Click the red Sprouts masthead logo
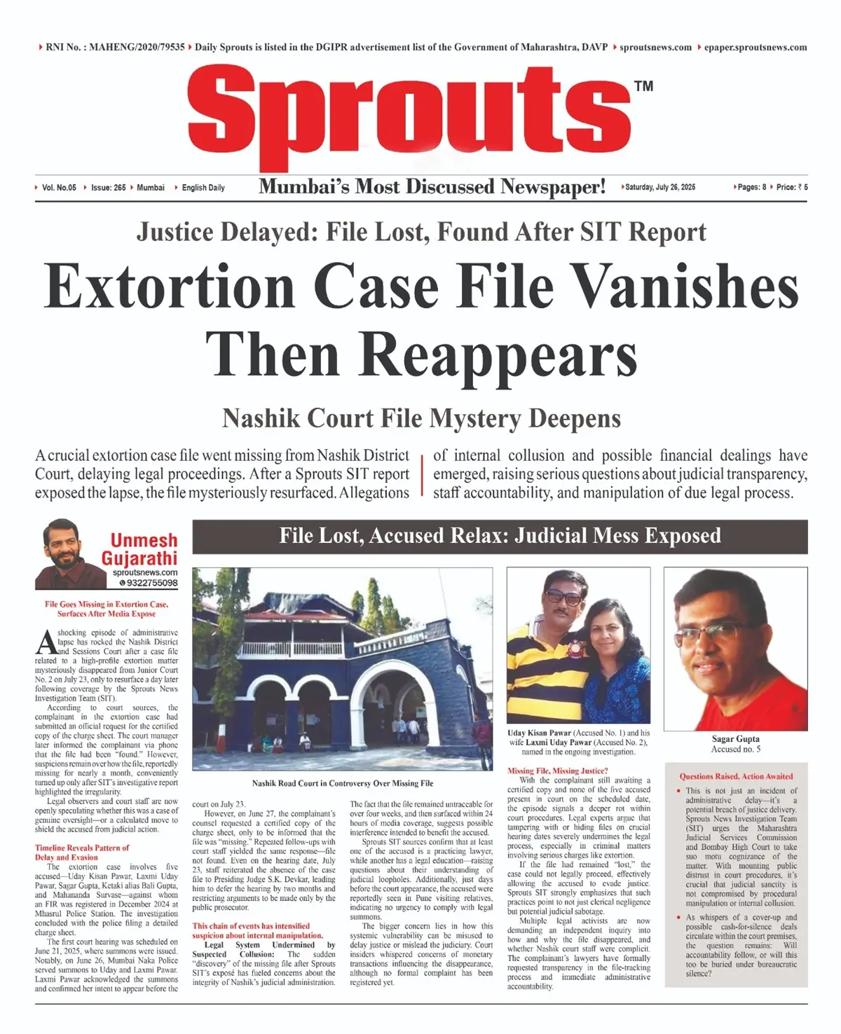[410, 112]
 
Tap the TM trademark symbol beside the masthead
[643, 86]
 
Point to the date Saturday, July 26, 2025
[660, 187]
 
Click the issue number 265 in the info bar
[109, 188]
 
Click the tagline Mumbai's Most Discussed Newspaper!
[432, 187]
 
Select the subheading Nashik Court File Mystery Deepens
[421, 418]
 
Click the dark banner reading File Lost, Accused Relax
[500, 536]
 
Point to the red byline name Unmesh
[144, 540]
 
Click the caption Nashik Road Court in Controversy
[342, 783]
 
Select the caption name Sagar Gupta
[735, 738]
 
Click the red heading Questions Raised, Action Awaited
[736, 776]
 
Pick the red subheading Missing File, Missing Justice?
[557, 771]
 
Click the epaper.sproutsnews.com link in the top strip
[755, 47]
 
